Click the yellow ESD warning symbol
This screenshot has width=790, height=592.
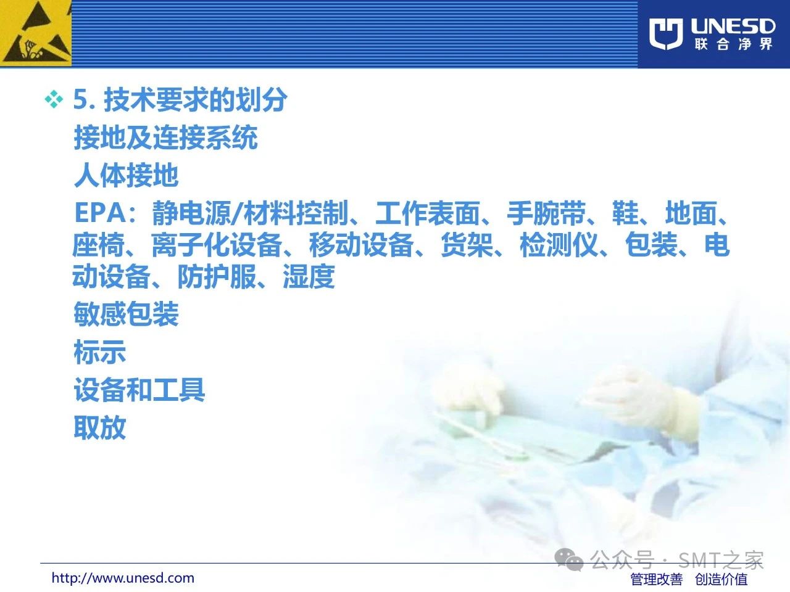pos(36,33)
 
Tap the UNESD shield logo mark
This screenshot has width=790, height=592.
pos(666,34)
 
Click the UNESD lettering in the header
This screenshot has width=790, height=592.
pos(733,27)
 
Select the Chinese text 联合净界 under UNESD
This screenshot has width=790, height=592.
pos(733,44)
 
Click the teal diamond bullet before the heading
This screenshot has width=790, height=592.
pos(54,99)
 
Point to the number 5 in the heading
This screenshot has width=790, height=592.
pos(81,99)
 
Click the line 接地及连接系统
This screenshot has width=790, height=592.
pos(166,138)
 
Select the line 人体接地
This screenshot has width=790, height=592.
pos(127,175)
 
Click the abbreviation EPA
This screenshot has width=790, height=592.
pos(100,213)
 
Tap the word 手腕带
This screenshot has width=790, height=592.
pos(546,213)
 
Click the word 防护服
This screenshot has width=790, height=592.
pos(217,276)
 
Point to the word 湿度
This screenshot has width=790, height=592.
pos(309,276)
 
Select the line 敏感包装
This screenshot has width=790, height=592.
pos(127,314)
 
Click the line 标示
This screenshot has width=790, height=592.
pos(100,351)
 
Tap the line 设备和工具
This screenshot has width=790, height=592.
pos(139,390)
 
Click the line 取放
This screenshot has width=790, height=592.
pos(100,427)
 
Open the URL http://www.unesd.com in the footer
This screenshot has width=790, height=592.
pos(123,578)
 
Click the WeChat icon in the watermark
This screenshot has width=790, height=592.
pos(568,560)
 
